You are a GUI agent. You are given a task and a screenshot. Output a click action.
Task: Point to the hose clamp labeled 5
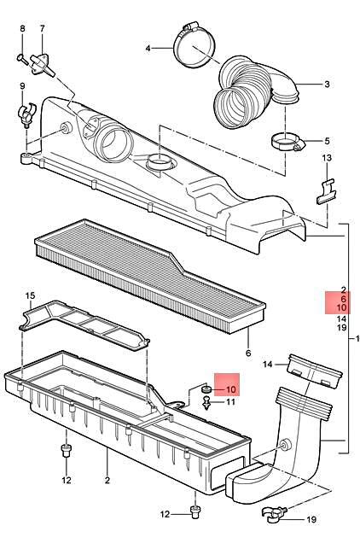[287, 143]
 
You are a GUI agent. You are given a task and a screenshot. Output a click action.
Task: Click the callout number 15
[30, 296]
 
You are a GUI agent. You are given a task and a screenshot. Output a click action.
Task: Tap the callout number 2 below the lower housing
[107, 481]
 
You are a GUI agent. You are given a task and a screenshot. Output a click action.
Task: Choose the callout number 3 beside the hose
[327, 85]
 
